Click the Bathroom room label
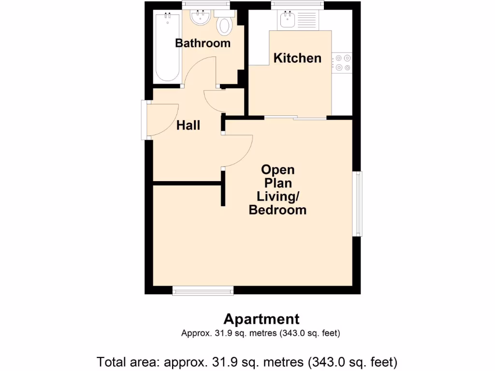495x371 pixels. click(x=203, y=43)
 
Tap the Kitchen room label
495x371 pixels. click(x=297, y=58)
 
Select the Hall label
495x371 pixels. click(x=188, y=126)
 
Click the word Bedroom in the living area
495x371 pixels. click(x=277, y=210)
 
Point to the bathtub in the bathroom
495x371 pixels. click(x=167, y=47)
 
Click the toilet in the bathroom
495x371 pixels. click(x=224, y=25)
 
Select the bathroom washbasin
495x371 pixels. click(x=200, y=19)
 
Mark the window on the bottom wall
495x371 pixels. click(x=203, y=290)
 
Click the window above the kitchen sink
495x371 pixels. click(x=297, y=5)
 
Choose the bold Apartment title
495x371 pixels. click(x=261, y=319)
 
